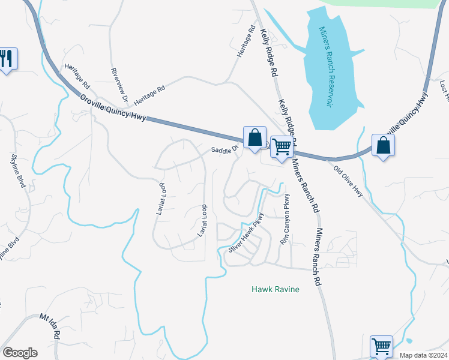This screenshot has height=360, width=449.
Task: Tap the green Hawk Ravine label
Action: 275,289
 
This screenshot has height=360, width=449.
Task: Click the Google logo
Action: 20,353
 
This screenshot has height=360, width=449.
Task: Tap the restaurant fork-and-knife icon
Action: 7,59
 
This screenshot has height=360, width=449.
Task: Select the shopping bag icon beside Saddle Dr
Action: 255,137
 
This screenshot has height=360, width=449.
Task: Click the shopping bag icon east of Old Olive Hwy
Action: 383,146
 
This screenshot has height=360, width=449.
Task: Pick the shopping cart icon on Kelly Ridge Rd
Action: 281,146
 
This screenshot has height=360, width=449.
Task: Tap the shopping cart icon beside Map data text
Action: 381,346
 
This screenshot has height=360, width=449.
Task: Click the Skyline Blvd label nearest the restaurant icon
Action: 18,171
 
